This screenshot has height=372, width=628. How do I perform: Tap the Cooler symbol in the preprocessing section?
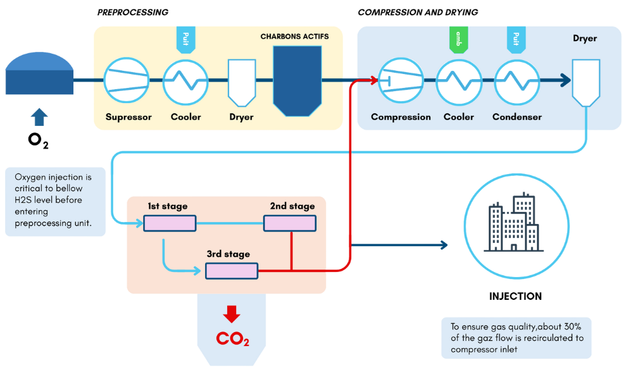point(185,82)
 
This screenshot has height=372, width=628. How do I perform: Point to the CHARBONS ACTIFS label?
point(294,37)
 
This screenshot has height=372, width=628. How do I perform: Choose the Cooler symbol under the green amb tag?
point(459,82)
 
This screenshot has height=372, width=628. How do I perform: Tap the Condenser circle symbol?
point(517,82)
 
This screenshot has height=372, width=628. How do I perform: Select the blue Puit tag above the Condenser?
point(517,39)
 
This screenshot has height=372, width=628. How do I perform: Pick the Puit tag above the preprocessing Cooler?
point(185,39)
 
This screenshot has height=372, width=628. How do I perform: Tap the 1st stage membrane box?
point(170,223)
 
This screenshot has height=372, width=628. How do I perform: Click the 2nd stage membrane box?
point(289,223)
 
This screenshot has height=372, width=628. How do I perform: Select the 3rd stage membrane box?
point(232,271)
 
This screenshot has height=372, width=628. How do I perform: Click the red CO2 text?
point(232,339)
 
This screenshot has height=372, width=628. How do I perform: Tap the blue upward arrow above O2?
point(39,117)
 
